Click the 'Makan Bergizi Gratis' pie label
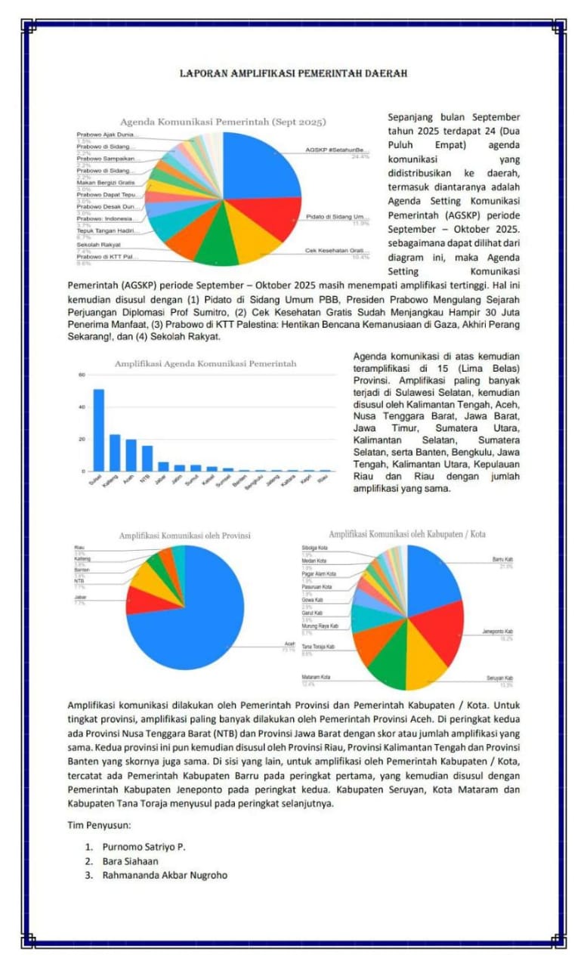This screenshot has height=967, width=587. coord(106,183)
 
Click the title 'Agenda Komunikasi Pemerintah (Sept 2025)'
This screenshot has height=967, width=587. coord(223,122)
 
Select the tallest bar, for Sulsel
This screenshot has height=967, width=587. coord(99,429)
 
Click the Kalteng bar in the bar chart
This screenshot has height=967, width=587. coord(115,452)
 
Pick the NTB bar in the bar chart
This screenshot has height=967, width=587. coord(148,458)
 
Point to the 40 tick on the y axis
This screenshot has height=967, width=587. coord(81,407)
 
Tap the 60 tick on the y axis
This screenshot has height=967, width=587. coord(81,375)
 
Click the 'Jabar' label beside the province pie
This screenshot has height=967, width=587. coord(80,597)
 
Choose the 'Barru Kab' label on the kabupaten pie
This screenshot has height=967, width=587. coord(503,560)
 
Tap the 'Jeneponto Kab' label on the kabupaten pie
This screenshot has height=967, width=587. coord(498,632)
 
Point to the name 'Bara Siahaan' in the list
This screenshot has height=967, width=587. coord(131,860)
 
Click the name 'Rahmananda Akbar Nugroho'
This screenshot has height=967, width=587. coord(165,875)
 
